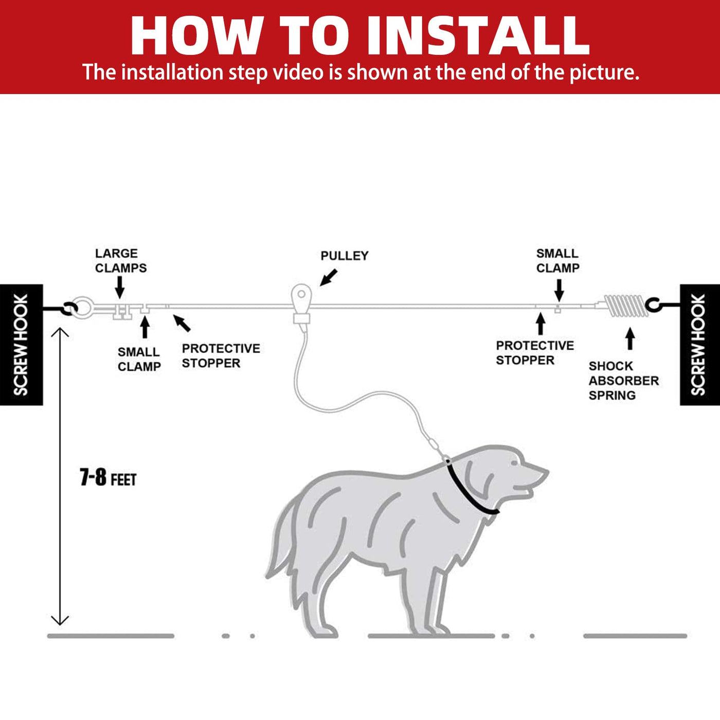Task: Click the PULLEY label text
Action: point(345,256)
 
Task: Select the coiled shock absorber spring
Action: point(626,305)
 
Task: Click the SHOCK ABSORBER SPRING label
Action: point(624,381)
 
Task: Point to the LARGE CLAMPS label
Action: point(121,261)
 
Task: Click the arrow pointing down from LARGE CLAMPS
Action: point(119,287)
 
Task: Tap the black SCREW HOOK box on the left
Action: point(21,345)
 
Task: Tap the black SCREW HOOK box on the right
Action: point(700,345)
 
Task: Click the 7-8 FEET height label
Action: point(108,477)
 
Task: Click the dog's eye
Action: point(514,463)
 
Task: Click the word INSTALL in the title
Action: point(478,36)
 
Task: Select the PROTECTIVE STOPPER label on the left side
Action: point(221,356)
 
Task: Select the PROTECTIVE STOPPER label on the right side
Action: point(535,353)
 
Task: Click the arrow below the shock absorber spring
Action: point(631,338)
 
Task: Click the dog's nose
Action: point(544,472)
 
